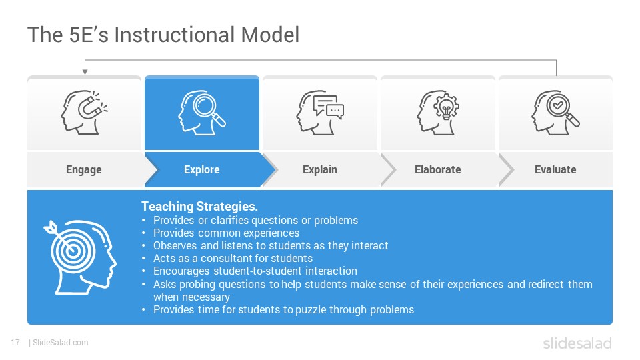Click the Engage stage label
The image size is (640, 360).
click(84, 169)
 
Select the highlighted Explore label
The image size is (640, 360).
click(201, 169)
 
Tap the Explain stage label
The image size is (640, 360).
click(320, 169)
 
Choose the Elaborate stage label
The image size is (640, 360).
click(437, 169)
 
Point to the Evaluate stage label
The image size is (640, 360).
click(555, 169)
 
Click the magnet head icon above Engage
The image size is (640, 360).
click(84, 112)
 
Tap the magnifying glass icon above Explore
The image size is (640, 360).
click(201, 112)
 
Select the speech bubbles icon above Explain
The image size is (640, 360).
click(320, 112)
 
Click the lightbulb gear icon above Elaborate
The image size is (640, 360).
click(438, 112)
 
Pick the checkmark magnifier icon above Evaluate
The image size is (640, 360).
click(555, 112)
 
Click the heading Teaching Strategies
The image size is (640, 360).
click(199, 207)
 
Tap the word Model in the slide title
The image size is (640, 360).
click(270, 35)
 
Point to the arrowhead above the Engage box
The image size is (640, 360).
click(85, 72)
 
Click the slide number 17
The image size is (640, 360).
click(15, 343)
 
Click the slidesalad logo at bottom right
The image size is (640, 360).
click(577, 343)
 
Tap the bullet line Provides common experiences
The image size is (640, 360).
click(226, 233)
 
